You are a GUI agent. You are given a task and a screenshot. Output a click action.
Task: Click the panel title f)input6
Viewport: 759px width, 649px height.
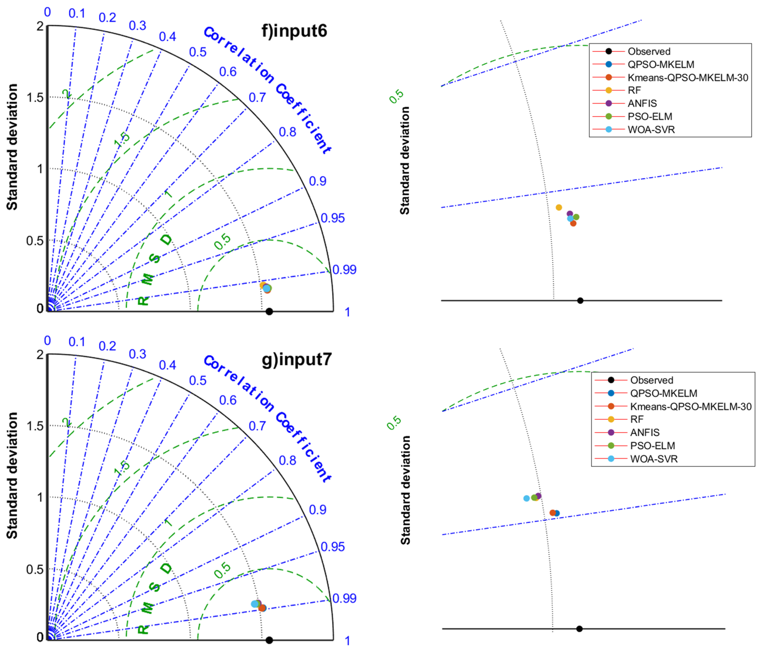294,31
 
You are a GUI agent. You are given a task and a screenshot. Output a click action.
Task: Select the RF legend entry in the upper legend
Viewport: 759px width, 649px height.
634,90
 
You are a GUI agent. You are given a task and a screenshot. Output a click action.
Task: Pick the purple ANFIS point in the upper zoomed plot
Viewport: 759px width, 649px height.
570,213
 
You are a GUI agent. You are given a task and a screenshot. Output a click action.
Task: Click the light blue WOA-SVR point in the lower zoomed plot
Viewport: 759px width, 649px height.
526,498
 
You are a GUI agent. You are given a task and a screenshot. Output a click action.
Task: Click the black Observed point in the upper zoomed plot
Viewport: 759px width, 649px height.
580,301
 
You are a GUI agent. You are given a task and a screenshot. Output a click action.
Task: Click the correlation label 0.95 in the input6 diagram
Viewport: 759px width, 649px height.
333,218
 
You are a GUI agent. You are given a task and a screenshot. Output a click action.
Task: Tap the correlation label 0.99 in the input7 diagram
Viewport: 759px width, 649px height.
344,598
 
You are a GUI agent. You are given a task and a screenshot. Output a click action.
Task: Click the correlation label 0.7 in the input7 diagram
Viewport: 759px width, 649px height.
257,426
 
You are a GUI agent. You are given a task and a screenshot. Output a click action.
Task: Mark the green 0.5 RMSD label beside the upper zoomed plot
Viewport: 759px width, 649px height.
396,96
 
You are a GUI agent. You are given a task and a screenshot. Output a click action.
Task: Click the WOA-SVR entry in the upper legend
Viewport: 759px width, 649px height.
651,130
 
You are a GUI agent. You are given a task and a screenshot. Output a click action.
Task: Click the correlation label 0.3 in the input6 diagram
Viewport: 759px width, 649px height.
137,25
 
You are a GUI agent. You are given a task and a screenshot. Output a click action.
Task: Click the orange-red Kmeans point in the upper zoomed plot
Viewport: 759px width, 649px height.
573,223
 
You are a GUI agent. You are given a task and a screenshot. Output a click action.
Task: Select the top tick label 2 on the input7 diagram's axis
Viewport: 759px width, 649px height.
40,355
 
